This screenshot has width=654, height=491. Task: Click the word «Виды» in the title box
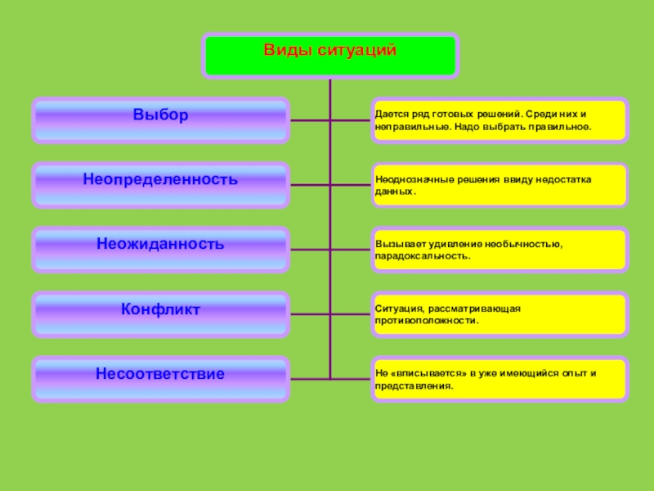pyautogui.click(x=282, y=51)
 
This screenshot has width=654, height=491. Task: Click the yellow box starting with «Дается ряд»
pyautogui.click(x=499, y=121)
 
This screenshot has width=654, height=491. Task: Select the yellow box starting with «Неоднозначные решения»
pyautogui.click(x=499, y=185)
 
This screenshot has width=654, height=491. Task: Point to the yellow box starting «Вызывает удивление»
pyautogui.click(x=499, y=250)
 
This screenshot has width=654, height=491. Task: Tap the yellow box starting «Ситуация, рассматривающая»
pyautogui.click(x=499, y=314)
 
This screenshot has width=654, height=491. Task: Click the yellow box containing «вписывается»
pyautogui.click(x=499, y=379)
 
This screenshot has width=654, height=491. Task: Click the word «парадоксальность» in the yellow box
pyautogui.click(x=422, y=256)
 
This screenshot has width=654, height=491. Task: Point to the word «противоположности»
pyautogui.click(x=427, y=321)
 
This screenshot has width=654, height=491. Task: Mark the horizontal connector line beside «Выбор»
pyautogui.click(x=311, y=121)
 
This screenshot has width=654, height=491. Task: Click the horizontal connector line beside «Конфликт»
pyautogui.click(x=311, y=315)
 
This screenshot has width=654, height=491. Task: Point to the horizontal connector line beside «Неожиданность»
pyautogui.click(x=311, y=250)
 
